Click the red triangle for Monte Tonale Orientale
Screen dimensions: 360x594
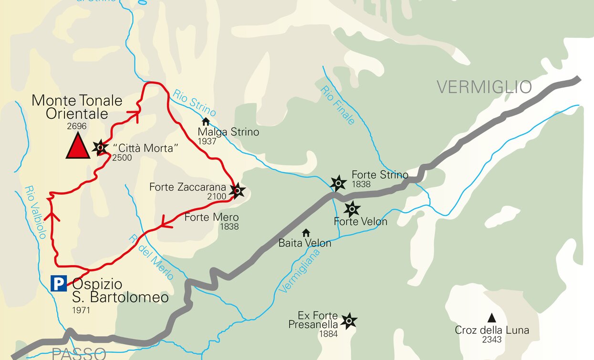[77, 146]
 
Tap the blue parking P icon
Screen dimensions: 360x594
[59, 284]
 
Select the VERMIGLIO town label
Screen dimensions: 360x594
[484, 87]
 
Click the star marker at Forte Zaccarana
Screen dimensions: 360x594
[237, 191]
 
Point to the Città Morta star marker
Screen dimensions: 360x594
[100, 147]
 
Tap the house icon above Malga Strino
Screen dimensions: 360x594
[206, 122]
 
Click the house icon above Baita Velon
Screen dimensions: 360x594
[306, 233]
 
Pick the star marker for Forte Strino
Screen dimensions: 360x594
[338, 183]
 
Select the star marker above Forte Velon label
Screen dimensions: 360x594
[352, 208]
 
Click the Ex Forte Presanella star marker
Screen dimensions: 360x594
[349, 321]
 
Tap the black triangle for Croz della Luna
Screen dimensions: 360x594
[491, 318]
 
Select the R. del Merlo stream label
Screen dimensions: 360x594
[151, 257]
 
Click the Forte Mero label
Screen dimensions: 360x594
[211, 217]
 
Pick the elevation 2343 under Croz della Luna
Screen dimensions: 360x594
[491, 339]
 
